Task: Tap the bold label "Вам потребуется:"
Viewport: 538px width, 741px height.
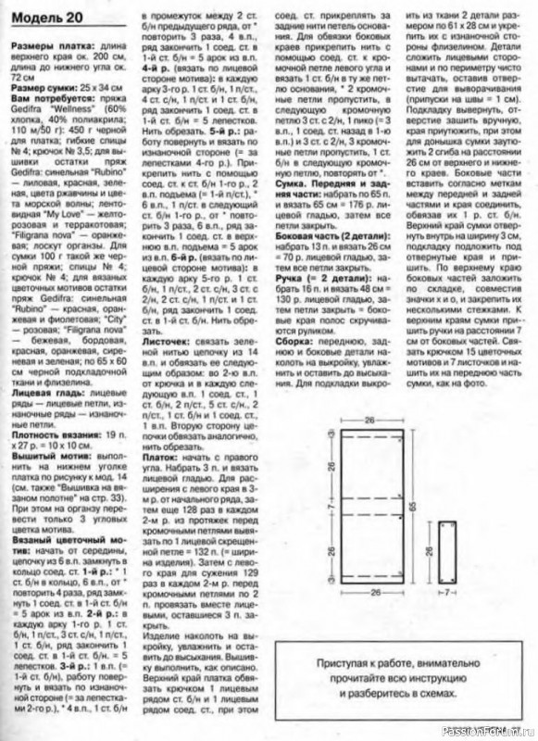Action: (x=43, y=94)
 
